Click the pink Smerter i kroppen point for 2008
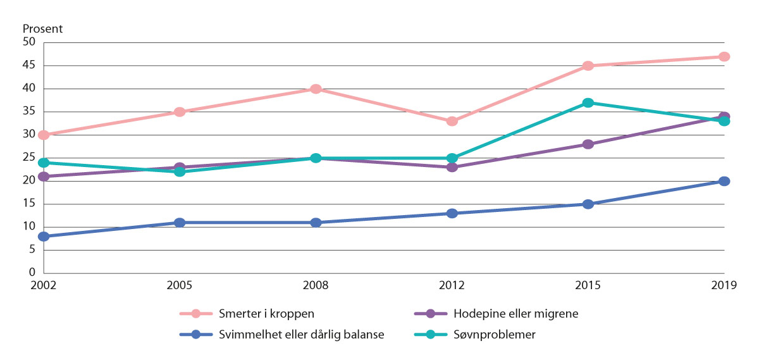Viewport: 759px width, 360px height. click(x=316, y=89)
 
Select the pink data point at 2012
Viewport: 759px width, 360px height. click(x=452, y=121)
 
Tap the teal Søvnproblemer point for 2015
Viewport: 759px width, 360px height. click(x=588, y=102)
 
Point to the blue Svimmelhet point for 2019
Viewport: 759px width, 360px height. click(x=724, y=182)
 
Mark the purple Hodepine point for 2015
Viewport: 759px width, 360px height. click(x=588, y=144)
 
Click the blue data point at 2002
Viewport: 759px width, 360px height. click(x=43, y=237)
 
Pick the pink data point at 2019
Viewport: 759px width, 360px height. click(x=724, y=57)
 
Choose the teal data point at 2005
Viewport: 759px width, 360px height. click(x=180, y=171)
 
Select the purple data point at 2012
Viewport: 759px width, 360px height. click(x=452, y=167)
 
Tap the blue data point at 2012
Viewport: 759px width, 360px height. click(x=452, y=213)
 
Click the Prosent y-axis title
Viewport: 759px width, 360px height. click(x=42, y=29)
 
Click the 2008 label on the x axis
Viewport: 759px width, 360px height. click(x=316, y=285)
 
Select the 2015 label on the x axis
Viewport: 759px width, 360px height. click(x=588, y=285)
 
